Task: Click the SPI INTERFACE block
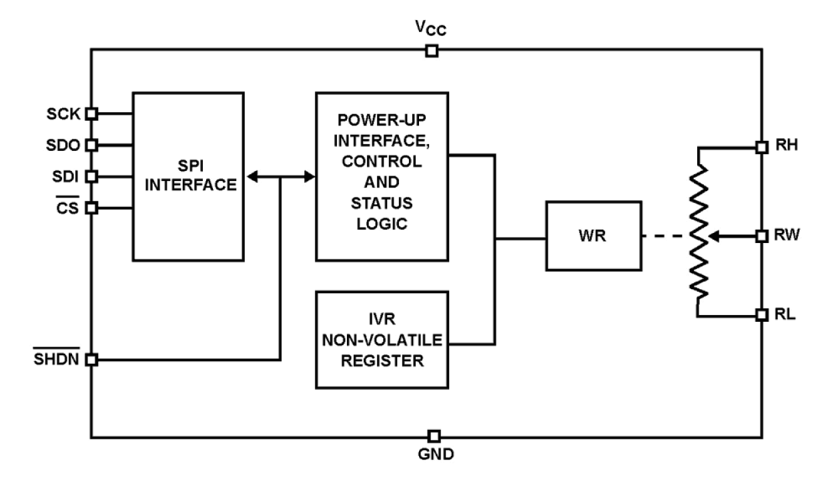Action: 189,176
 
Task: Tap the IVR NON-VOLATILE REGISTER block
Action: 382,339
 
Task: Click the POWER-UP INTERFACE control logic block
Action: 382,176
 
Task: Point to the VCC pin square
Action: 432,51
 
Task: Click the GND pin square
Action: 434,436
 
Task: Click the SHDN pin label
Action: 58,359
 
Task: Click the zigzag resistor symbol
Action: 698,230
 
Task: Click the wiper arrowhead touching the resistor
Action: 711,236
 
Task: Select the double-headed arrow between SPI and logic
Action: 281,177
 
